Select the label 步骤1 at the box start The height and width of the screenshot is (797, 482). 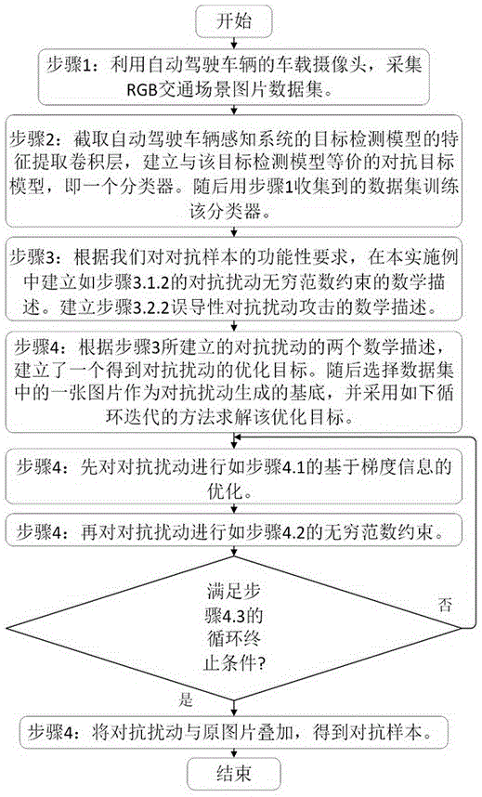[70, 63]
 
